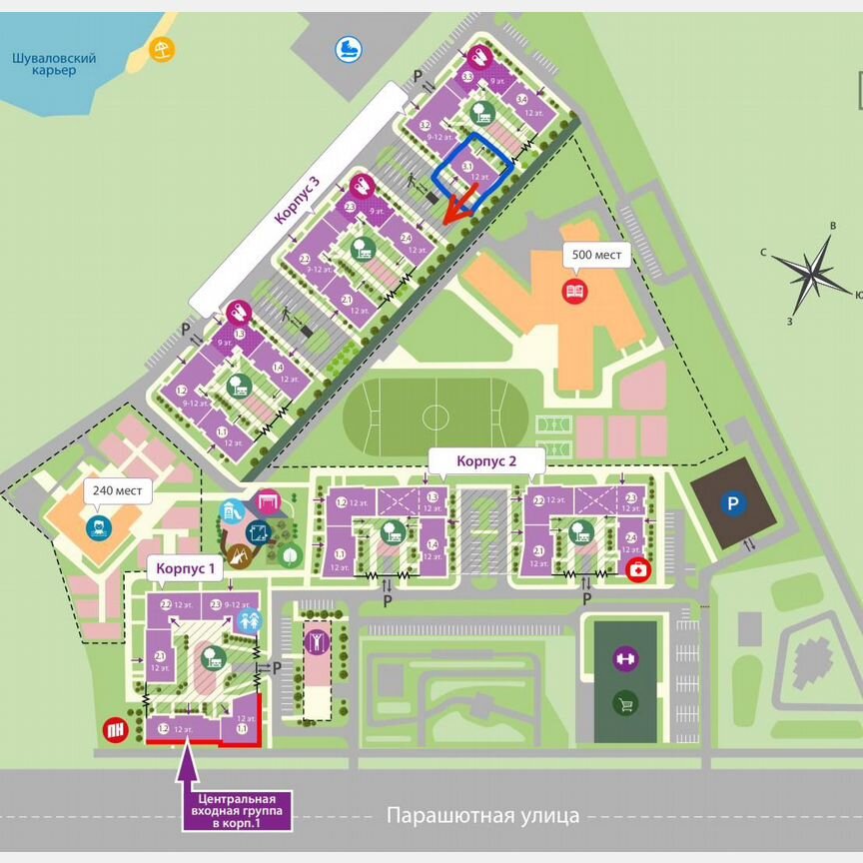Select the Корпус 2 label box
(486, 461)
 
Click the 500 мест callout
(596, 256)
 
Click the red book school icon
(575, 292)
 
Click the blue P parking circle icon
(733, 505)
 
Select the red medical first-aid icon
(636, 571)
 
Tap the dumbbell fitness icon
(625, 658)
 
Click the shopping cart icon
(625, 703)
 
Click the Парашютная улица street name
(482, 816)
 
